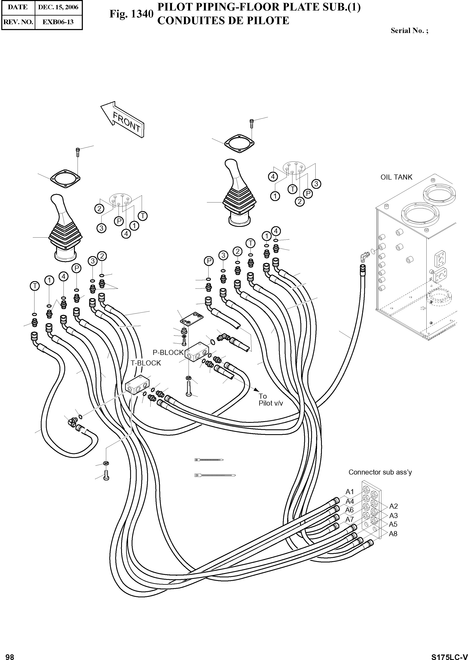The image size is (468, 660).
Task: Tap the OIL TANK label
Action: [396, 177]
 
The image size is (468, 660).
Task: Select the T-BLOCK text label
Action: [146, 363]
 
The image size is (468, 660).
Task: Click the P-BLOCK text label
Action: [168, 352]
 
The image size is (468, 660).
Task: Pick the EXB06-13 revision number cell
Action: [58, 22]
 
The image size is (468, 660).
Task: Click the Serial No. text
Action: [409, 31]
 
